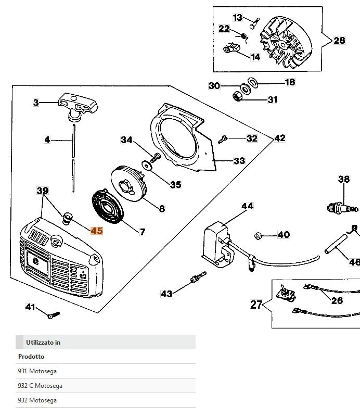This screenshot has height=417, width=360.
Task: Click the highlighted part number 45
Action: pos(97,231)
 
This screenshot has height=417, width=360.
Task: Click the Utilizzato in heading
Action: pos(43,342)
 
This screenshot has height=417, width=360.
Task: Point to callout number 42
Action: pos(279,138)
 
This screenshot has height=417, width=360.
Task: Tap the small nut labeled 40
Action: pos(258,235)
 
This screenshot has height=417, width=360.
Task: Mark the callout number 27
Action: pos(256,305)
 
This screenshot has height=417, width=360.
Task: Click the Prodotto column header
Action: pos(31,357)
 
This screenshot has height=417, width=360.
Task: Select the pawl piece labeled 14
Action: pos(232,50)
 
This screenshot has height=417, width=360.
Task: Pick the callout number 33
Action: pos(239,161)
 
